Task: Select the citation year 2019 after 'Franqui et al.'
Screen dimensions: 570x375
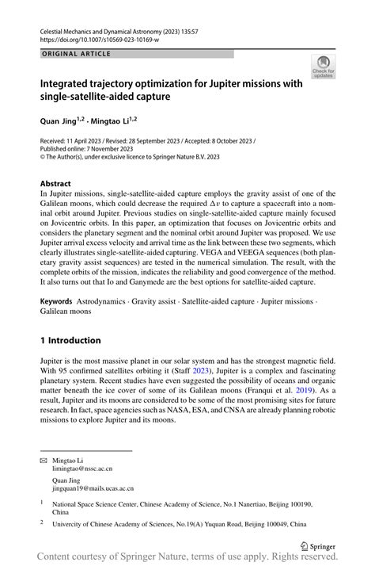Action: [x=305, y=390]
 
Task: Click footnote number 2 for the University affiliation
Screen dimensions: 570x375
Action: [x=42, y=523]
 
